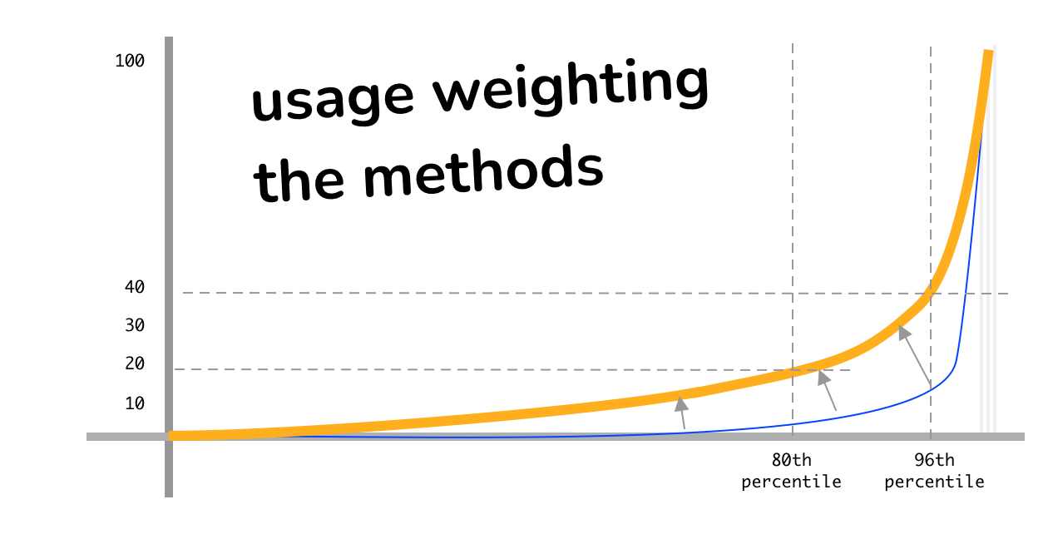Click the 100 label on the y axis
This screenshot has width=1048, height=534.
click(x=130, y=62)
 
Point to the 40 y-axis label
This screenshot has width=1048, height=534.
click(x=135, y=287)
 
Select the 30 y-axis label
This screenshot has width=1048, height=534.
click(x=135, y=325)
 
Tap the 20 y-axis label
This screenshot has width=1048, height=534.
click(x=135, y=363)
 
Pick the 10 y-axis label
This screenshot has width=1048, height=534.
click(x=135, y=403)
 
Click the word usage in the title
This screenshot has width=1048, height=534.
click(x=332, y=97)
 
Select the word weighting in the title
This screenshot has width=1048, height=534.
click(x=570, y=87)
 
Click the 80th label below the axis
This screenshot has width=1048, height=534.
click(x=791, y=460)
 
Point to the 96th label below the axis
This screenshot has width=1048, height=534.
click(x=934, y=460)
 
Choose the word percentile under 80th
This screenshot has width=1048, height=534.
click(x=791, y=482)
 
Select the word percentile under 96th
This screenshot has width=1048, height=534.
click(x=934, y=482)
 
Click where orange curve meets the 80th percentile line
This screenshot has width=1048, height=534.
click(x=793, y=372)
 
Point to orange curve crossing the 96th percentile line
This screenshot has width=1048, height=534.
click(x=931, y=291)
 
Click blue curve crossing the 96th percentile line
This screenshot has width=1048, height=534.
click(x=931, y=387)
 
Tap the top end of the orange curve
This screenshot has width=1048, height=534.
click(x=988, y=52)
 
